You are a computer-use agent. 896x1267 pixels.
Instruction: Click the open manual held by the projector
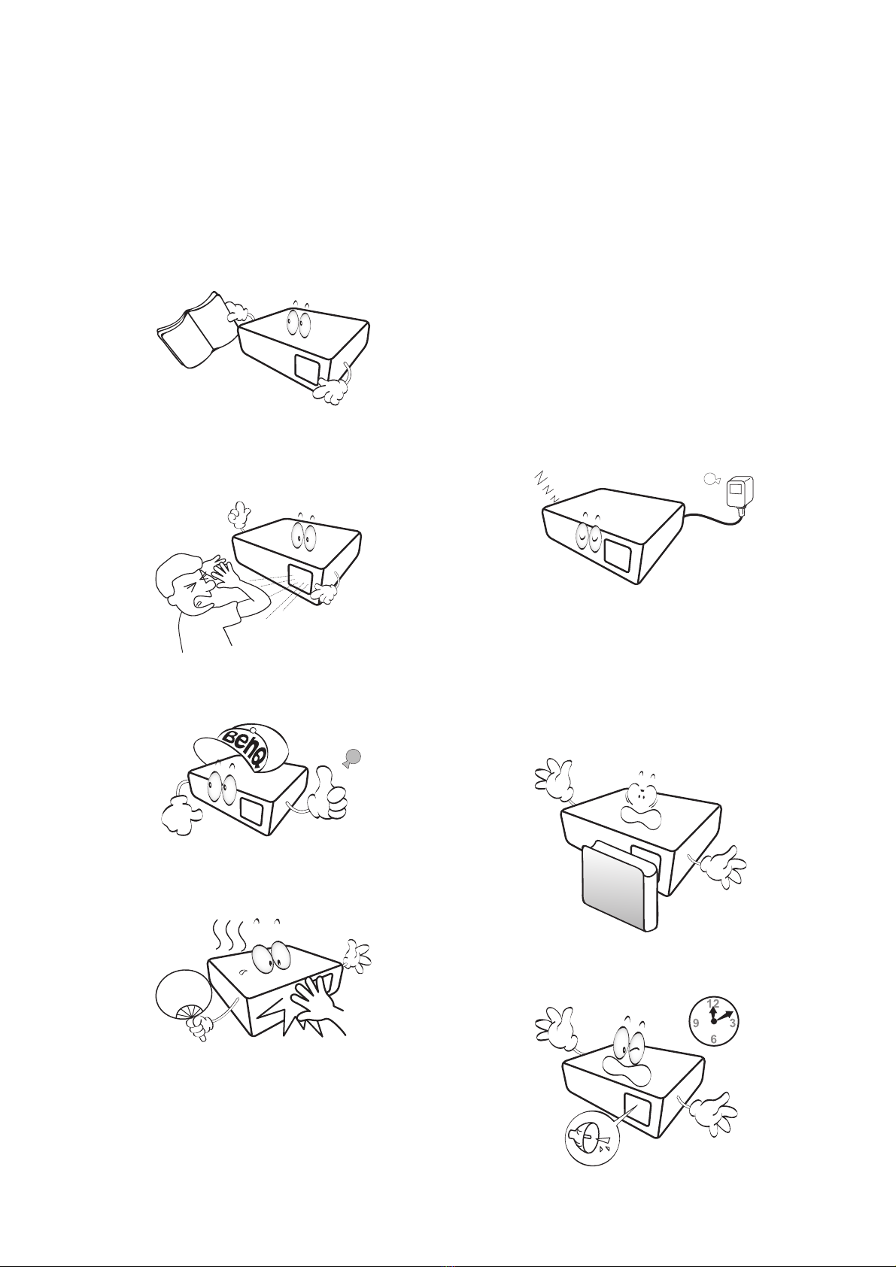pos(196,330)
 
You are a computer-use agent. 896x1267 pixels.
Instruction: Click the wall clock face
pos(713,1022)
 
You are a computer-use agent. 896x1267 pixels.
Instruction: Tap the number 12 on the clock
pos(713,1004)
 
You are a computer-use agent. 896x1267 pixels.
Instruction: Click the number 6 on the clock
pos(713,1040)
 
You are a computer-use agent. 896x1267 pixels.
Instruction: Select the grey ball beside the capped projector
pos(352,756)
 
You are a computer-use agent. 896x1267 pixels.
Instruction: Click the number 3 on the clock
pos(733,1023)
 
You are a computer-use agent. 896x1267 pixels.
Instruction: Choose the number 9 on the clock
pos(696,1023)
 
